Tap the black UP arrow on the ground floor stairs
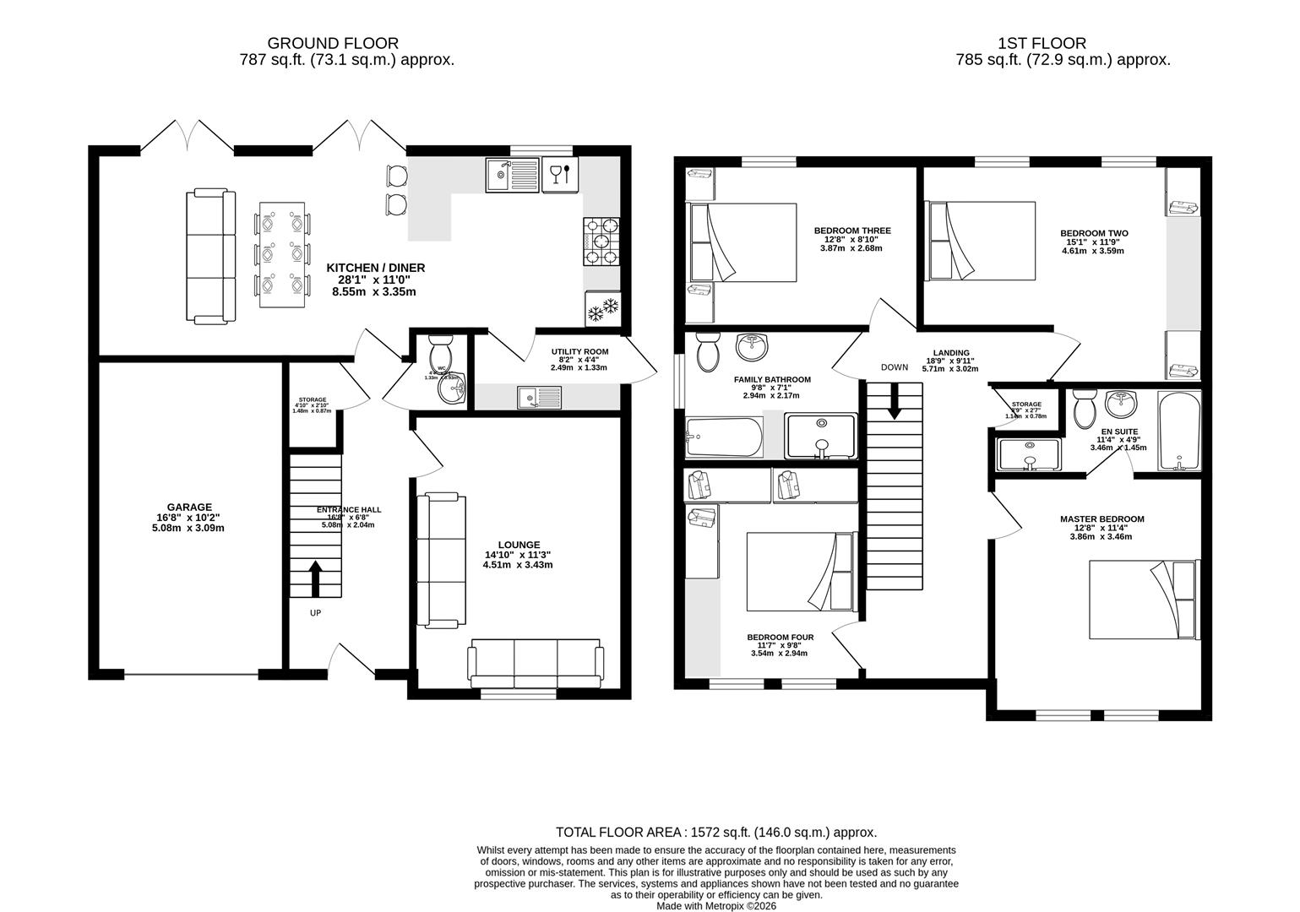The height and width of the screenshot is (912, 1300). [x=315, y=579]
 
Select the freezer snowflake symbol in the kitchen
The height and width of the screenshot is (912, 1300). [x=603, y=310]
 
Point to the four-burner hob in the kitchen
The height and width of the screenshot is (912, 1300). [x=601, y=242]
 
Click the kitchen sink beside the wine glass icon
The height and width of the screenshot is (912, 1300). [x=511, y=176]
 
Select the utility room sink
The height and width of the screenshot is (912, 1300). [x=539, y=397]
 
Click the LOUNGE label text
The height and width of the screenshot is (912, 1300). [x=519, y=545]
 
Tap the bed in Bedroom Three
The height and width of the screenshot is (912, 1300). [x=743, y=242]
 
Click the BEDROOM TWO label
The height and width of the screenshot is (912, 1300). [x=1094, y=233]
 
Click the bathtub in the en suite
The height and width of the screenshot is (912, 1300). [x=1179, y=431]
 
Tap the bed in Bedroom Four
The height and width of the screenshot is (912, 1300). [x=802, y=572]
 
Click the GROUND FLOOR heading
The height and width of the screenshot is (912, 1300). [x=333, y=43]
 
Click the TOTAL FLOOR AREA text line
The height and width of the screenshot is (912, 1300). [x=716, y=832]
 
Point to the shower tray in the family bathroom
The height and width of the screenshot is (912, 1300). [x=820, y=437]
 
